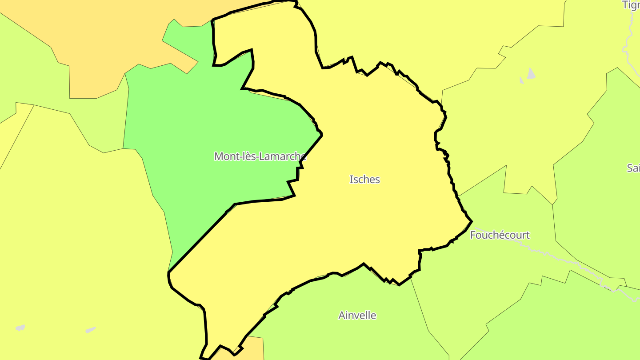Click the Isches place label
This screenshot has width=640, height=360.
[364, 180]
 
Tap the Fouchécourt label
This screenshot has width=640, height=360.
[500, 235]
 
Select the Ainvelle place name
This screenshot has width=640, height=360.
[357, 316]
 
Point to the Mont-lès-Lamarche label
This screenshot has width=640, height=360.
[260, 156]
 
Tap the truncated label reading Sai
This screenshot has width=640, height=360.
[633, 168]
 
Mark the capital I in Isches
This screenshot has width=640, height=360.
[352, 180]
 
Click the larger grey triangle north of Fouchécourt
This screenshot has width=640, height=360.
[531, 74]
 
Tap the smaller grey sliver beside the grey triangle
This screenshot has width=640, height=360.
[522, 80]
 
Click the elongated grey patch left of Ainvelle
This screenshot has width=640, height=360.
[91, 330]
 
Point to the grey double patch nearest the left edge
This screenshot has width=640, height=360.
[20, 328]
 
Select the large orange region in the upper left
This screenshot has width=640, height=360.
[111, 44]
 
